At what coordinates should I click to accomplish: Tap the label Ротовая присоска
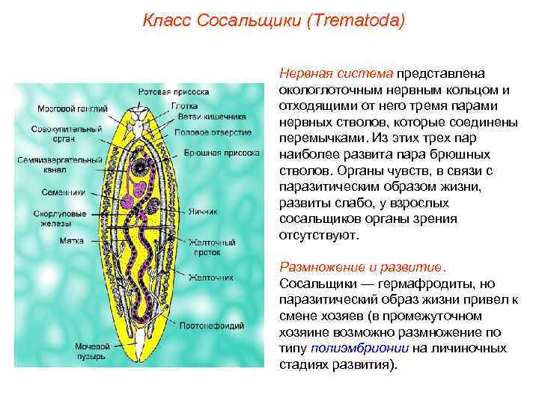(x=173, y=92)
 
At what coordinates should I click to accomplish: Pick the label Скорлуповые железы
(x=63, y=218)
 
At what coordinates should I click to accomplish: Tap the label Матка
(x=52, y=241)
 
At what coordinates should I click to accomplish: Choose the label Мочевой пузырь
(x=91, y=352)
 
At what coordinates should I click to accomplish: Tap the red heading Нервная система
(x=335, y=73)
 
